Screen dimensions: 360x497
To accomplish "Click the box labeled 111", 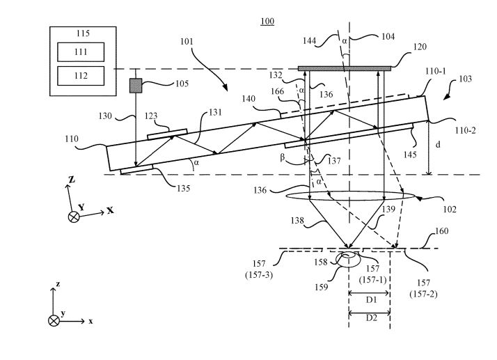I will [x=81, y=52].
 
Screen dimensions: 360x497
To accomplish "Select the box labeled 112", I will [x=81, y=75].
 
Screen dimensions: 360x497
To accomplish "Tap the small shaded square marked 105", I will [x=135, y=86].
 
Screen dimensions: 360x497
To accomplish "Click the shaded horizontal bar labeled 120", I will [x=344, y=68].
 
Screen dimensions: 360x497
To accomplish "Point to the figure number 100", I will [x=267, y=22].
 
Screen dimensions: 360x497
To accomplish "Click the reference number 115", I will [x=81, y=32].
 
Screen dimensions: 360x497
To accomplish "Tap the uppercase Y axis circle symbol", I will [x=74, y=217].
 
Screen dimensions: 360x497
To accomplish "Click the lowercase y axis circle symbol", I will [x=54, y=320].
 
